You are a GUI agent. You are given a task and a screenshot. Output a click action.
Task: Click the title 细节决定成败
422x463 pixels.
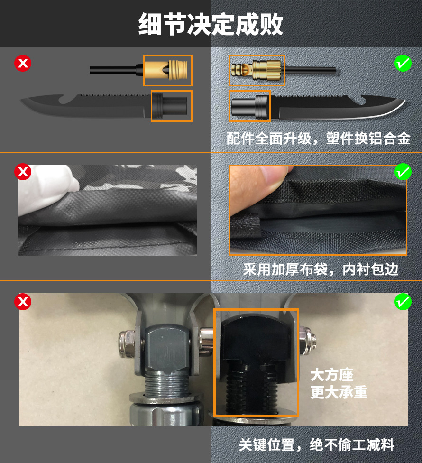tap(211, 24)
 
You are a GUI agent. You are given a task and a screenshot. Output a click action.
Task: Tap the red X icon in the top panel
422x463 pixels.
tap(23, 63)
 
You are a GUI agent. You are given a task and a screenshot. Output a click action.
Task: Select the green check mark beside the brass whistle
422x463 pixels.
tap(403, 63)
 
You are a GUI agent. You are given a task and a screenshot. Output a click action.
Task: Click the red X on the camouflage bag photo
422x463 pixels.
tap(23, 172)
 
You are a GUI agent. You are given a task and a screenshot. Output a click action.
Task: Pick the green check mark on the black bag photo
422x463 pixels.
tap(403, 172)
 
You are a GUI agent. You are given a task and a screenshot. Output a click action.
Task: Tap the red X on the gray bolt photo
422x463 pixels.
tap(23, 302)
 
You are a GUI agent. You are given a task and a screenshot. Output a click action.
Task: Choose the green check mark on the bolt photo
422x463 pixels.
tap(403, 302)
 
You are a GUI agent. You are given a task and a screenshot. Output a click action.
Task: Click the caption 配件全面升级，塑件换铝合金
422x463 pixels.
tap(319, 138)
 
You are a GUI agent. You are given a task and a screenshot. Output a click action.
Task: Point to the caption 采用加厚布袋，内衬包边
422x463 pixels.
tap(321, 269)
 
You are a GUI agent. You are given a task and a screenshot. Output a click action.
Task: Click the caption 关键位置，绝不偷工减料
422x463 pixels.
tap(316, 444)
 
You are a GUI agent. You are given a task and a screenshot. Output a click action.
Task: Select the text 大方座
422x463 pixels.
tap(332, 375)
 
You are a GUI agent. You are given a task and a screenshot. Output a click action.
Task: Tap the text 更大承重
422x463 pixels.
tap(339, 392)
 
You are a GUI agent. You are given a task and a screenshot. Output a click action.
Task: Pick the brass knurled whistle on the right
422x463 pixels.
tap(257, 70)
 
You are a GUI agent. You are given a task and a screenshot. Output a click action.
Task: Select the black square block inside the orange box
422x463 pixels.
tap(256, 340)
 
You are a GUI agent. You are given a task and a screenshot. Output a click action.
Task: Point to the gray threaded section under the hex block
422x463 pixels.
tap(167, 384)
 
